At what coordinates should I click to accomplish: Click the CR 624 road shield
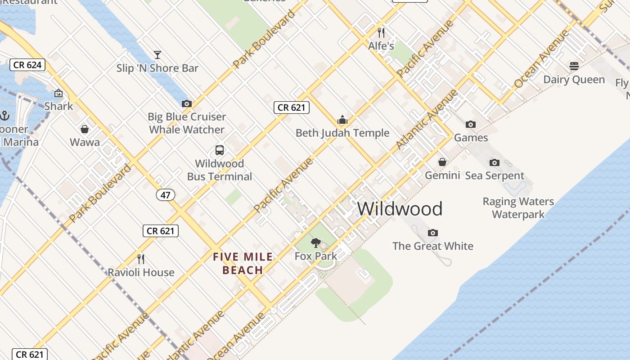(x=27, y=65)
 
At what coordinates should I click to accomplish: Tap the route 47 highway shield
(x=166, y=195)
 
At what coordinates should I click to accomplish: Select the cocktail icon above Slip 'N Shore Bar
(x=157, y=55)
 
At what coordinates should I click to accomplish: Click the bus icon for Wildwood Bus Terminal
(x=220, y=150)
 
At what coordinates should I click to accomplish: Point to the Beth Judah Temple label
(x=342, y=133)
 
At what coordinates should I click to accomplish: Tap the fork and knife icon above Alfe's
(x=381, y=32)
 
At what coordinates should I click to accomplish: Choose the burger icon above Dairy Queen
(x=574, y=66)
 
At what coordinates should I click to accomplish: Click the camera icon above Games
(x=471, y=124)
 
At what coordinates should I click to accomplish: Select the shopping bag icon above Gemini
(x=442, y=162)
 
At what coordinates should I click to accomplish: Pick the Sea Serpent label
(x=495, y=175)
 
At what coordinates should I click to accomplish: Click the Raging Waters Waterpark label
(x=518, y=207)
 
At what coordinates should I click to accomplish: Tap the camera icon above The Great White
(x=433, y=233)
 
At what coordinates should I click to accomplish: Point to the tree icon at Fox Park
(x=316, y=243)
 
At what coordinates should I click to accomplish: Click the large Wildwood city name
(x=400, y=209)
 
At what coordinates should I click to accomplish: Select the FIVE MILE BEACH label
(x=243, y=263)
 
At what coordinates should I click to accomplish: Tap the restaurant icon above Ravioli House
(x=141, y=259)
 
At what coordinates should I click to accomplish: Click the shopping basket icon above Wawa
(x=85, y=130)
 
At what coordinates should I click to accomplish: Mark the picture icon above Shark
(x=58, y=94)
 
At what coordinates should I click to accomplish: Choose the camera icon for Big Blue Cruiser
(x=187, y=103)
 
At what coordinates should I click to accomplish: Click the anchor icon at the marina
(x=4, y=116)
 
